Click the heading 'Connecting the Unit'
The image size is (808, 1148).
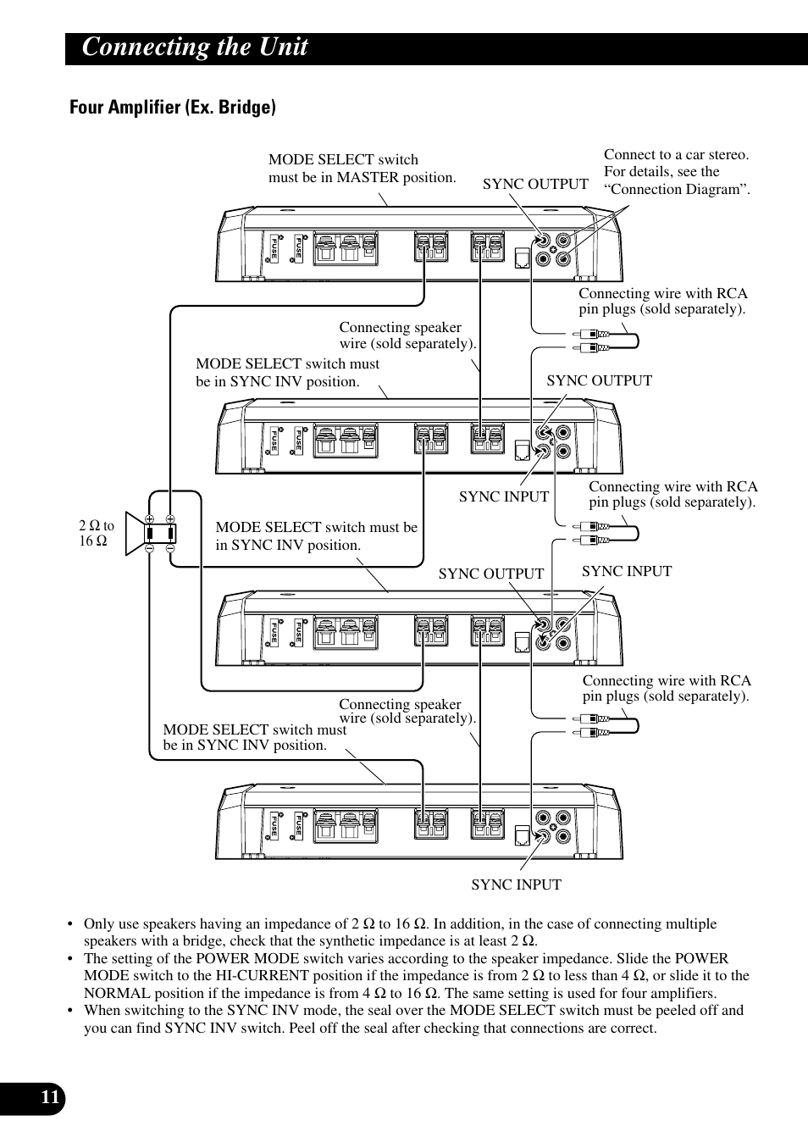point(195,47)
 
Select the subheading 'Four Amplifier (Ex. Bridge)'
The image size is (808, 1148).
point(173,108)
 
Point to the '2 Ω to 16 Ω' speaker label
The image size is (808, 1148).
point(96,534)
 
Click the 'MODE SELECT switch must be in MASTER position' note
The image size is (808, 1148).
point(362,169)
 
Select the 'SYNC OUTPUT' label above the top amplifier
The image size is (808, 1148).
point(535,185)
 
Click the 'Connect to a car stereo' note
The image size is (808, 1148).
point(677,172)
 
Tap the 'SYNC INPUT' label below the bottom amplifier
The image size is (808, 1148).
point(516,885)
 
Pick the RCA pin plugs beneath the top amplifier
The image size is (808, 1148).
point(605,341)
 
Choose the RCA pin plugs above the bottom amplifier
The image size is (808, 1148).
point(605,725)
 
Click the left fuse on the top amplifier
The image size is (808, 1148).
point(274,247)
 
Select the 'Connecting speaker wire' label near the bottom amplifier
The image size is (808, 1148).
point(407,711)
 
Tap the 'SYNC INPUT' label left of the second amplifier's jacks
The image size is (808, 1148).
point(504,496)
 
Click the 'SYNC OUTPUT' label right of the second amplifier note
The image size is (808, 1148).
point(599,380)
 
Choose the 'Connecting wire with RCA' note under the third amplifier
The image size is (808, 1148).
point(666,688)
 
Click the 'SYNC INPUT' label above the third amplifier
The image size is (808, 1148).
point(626,571)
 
